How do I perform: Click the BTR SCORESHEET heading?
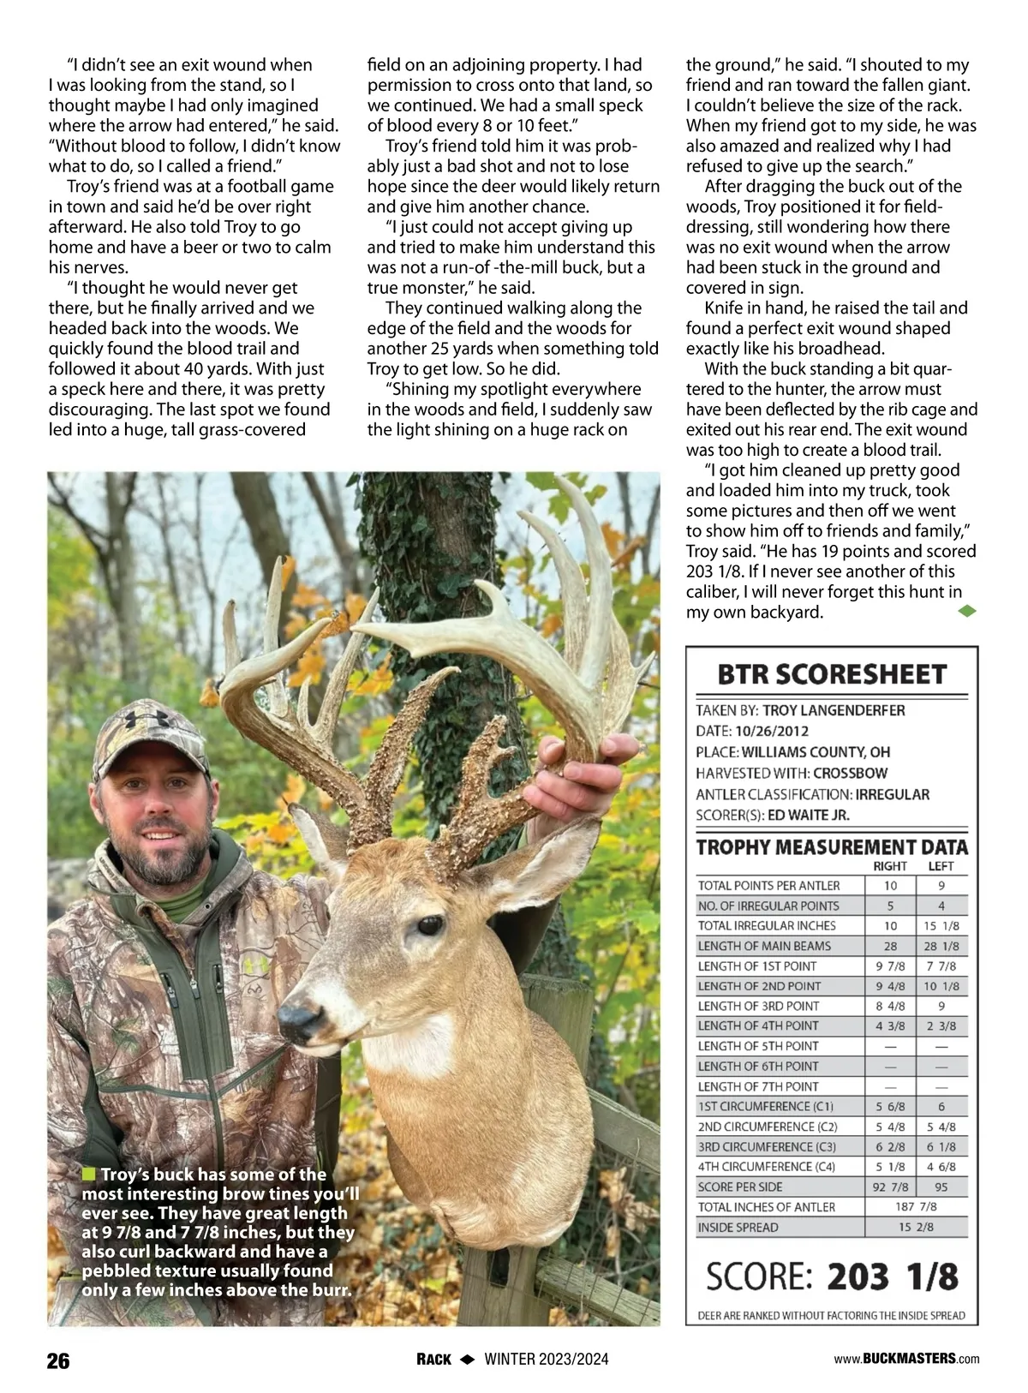point(831,674)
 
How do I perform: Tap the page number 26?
point(58,1360)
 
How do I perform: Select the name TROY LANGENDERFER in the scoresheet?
point(834,710)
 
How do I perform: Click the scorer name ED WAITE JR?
point(809,815)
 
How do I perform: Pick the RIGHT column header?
point(889,867)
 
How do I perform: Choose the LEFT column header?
point(941,867)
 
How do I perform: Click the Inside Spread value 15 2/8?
point(916,1227)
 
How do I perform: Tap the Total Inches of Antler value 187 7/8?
point(916,1206)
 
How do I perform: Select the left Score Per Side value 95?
point(941,1187)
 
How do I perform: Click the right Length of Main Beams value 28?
point(890,946)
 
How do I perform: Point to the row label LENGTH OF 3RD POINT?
point(758,1006)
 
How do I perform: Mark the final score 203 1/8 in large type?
point(892,1276)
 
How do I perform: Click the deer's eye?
point(427,926)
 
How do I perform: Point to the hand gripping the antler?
point(583,779)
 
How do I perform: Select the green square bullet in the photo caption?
point(88,1174)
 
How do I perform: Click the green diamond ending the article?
point(966,611)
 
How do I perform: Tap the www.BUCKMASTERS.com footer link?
point(906,1359)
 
